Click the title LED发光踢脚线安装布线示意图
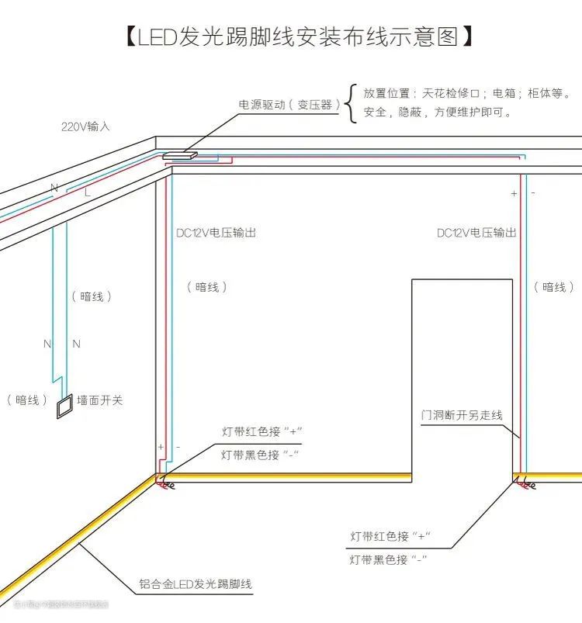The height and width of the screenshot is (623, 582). click(299, 36)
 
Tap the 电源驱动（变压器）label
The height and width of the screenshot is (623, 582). click(289, 104)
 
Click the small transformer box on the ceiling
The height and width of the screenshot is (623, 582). click(179, 155)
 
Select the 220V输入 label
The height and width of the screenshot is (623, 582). click(85, 126)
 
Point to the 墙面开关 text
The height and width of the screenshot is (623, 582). click(100, 400)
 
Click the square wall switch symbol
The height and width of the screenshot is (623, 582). click(63, 406)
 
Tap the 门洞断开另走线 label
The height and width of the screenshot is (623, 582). click(461, 415)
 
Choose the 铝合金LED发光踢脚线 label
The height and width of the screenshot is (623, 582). click(196, 583)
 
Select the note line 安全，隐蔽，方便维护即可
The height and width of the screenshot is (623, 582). click(438, 112)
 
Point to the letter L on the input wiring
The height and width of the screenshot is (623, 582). click(87, 191)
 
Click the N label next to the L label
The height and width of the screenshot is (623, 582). click(54, 188)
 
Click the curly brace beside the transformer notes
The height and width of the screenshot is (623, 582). click(351, 103)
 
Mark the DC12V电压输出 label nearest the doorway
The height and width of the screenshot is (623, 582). click(476, 232)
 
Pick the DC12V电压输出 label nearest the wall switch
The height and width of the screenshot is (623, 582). click(216, 232)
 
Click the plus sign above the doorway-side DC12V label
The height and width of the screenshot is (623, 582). click(514, 193)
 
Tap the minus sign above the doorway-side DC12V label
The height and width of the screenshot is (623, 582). click(533, 192)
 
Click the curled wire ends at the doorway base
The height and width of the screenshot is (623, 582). click(525, 484)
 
